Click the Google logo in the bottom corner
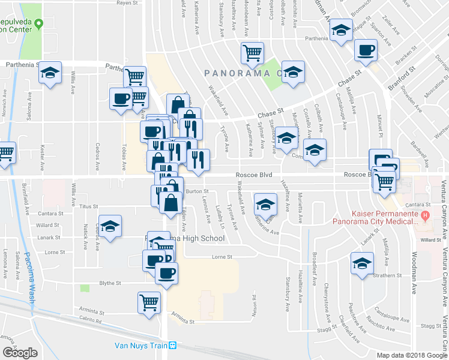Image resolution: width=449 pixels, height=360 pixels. click(20, 353)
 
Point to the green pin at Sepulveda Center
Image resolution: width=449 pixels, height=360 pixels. click(40, 25)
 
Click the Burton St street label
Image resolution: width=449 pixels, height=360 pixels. click(197, 191)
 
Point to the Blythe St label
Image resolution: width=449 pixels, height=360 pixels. click(110, 283)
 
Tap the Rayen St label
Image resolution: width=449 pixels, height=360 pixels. click(127, 3)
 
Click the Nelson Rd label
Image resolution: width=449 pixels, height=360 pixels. click(255, 305)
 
